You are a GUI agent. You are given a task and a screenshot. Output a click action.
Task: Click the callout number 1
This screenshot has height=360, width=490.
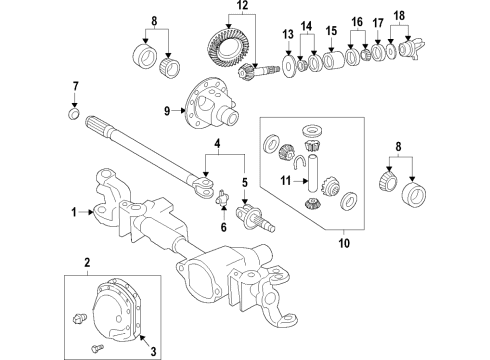pyautogui.click(x=73, y=212)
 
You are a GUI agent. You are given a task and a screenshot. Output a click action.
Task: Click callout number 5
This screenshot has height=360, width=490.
pyautogui.click(x=243, y=182)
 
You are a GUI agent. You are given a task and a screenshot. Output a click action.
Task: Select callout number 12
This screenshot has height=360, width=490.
pyautogui.click(x=238, y=8)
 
